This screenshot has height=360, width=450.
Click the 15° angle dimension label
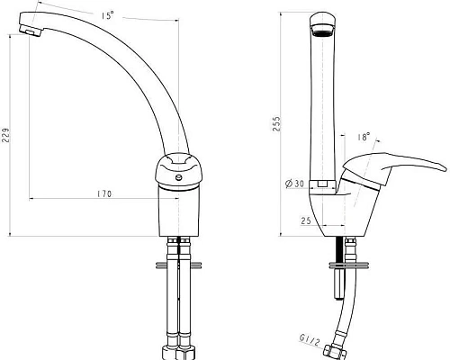(107, 15)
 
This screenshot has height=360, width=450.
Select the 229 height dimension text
(6, 135)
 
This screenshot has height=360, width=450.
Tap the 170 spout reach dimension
(104, 194)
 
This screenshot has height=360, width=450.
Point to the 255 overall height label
(276, 123)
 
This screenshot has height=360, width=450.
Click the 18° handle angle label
(364, 137)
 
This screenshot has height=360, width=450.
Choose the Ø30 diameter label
(294, 184)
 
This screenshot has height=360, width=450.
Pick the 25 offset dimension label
(306, 221)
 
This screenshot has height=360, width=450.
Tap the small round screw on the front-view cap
(179, 177)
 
